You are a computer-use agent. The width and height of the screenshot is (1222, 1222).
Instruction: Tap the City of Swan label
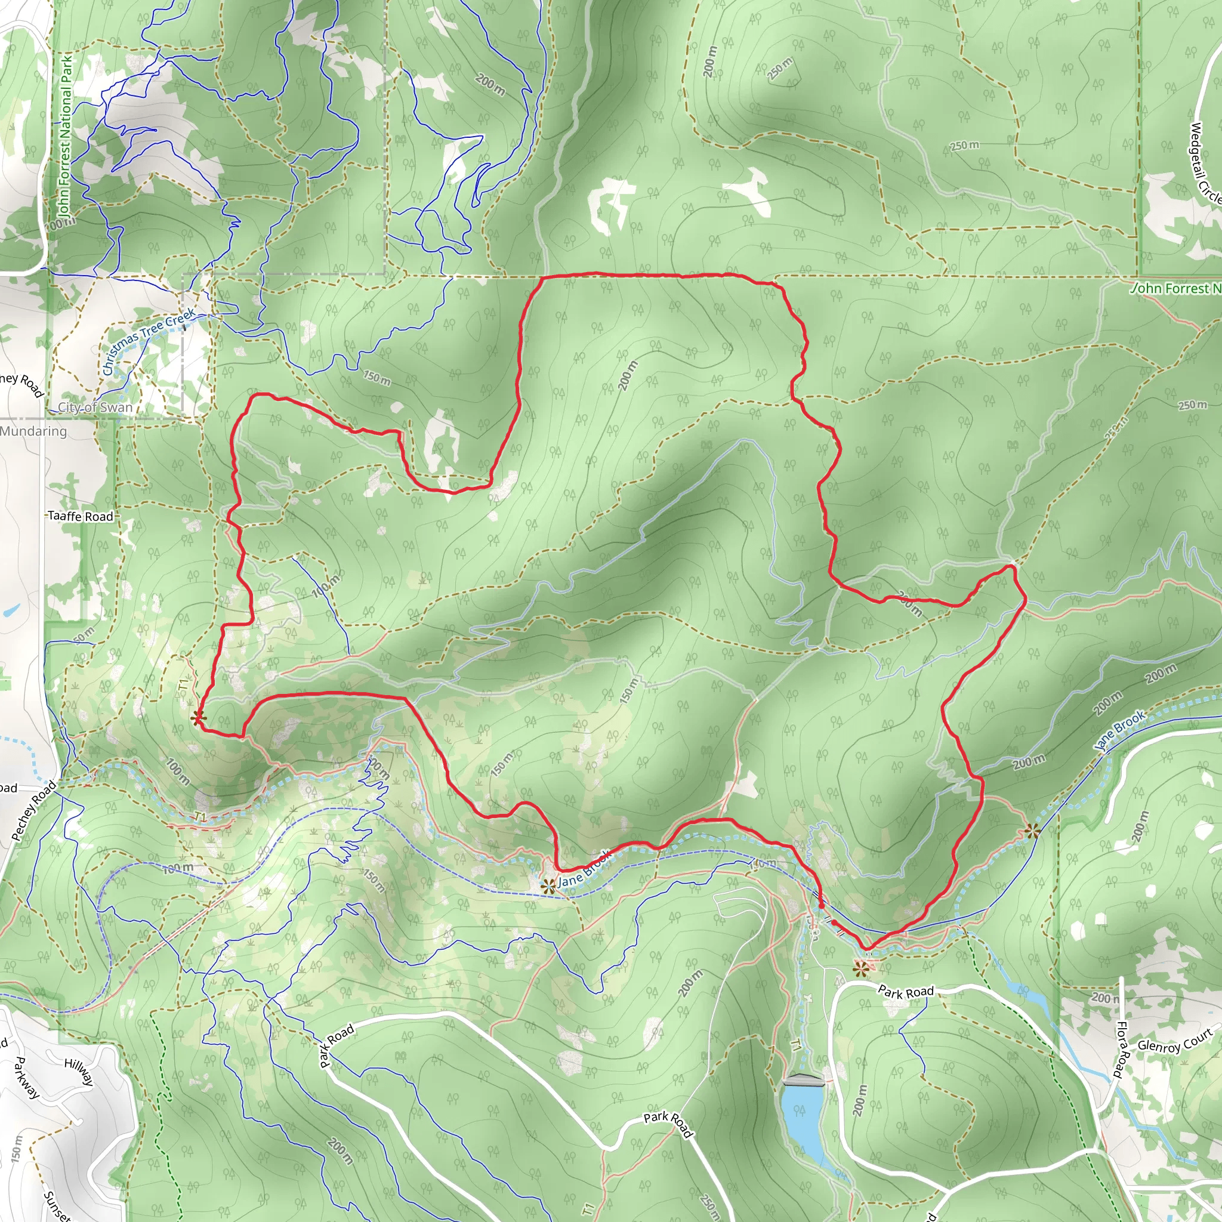pyautogui.click(x=95, y=408)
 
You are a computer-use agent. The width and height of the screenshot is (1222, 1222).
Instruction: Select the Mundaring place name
pyautogui.click(x=33, y=431)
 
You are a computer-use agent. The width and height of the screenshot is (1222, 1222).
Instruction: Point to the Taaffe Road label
pyautogui.click(x=81, y=516)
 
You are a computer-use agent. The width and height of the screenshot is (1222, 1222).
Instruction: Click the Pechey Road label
pyautogui.click(x=34, y=811)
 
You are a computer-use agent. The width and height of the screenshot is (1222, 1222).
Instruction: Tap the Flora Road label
pyautogui.click(x=1121, y=1050)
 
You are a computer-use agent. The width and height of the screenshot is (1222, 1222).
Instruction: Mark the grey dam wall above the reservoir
pyautogui.click(x=803, y=1079)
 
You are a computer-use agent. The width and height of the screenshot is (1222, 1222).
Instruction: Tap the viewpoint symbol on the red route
pyautogui.click(x=198, y=717)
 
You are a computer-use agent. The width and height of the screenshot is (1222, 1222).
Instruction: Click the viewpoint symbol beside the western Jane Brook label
pyautogui.click(x=548, y=886)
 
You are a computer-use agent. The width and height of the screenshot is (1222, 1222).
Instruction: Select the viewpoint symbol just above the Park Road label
pyautogui.click(x=860, y=968)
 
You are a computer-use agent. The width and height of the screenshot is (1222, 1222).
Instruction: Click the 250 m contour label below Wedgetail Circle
pyautogui.click(x=965, y=146)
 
